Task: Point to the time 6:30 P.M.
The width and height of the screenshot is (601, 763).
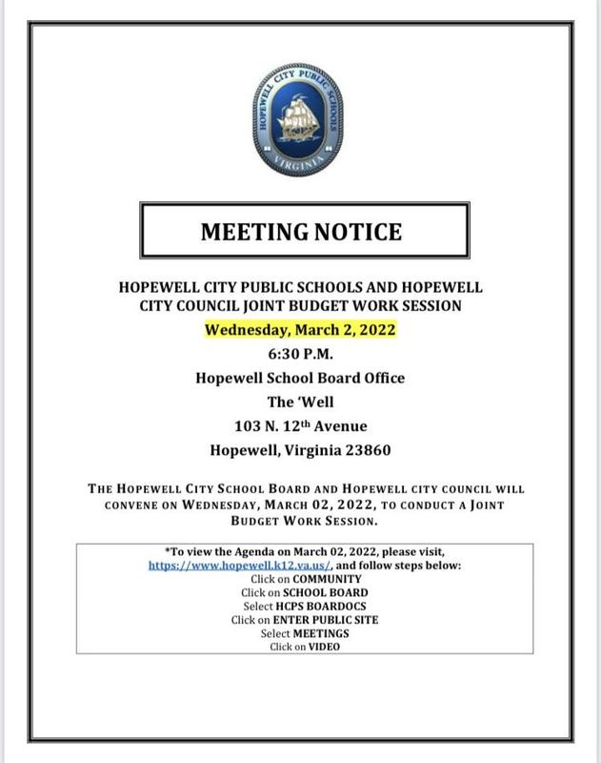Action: coord(300,354)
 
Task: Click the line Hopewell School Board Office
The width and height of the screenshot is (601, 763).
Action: coord(300,378)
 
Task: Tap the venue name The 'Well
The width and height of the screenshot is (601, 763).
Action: coord(300,402)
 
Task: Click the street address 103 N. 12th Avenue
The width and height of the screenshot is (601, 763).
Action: coord(300,425)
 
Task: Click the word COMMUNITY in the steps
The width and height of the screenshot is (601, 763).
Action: coord(328,579)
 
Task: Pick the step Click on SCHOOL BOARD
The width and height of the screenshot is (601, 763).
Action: coord(300,592)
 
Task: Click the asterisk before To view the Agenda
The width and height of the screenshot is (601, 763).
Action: coord(168,551)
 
